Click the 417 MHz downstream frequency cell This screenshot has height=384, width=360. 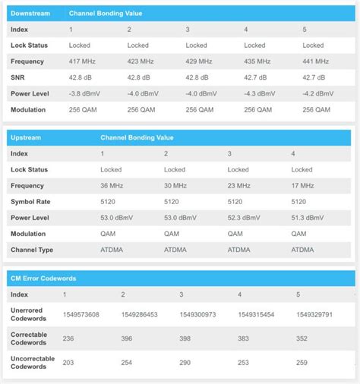81,61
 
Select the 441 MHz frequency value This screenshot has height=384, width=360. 316,61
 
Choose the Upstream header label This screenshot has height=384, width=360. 26,137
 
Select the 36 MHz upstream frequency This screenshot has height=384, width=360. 112,185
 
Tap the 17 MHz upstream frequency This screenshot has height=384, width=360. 302,185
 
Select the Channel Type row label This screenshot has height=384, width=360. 32,249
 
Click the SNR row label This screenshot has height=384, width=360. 18,77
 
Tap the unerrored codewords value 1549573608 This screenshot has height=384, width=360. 81,314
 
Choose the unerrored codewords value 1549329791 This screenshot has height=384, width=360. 315,314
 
